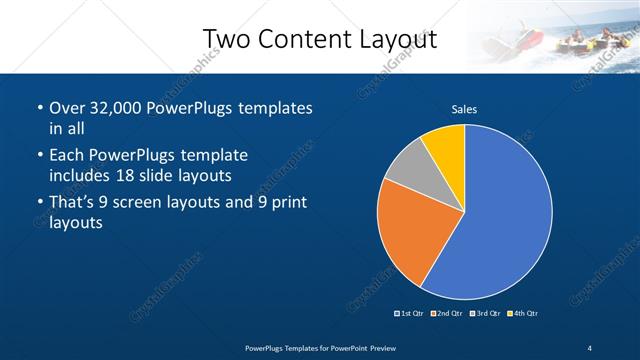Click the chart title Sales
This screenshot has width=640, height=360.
point(464,109)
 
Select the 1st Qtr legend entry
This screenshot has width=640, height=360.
point(411,314)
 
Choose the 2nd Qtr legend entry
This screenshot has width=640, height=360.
point(447,314)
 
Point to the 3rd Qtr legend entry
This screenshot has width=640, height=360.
point(484,314)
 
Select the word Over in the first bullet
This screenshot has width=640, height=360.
point(68,107)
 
